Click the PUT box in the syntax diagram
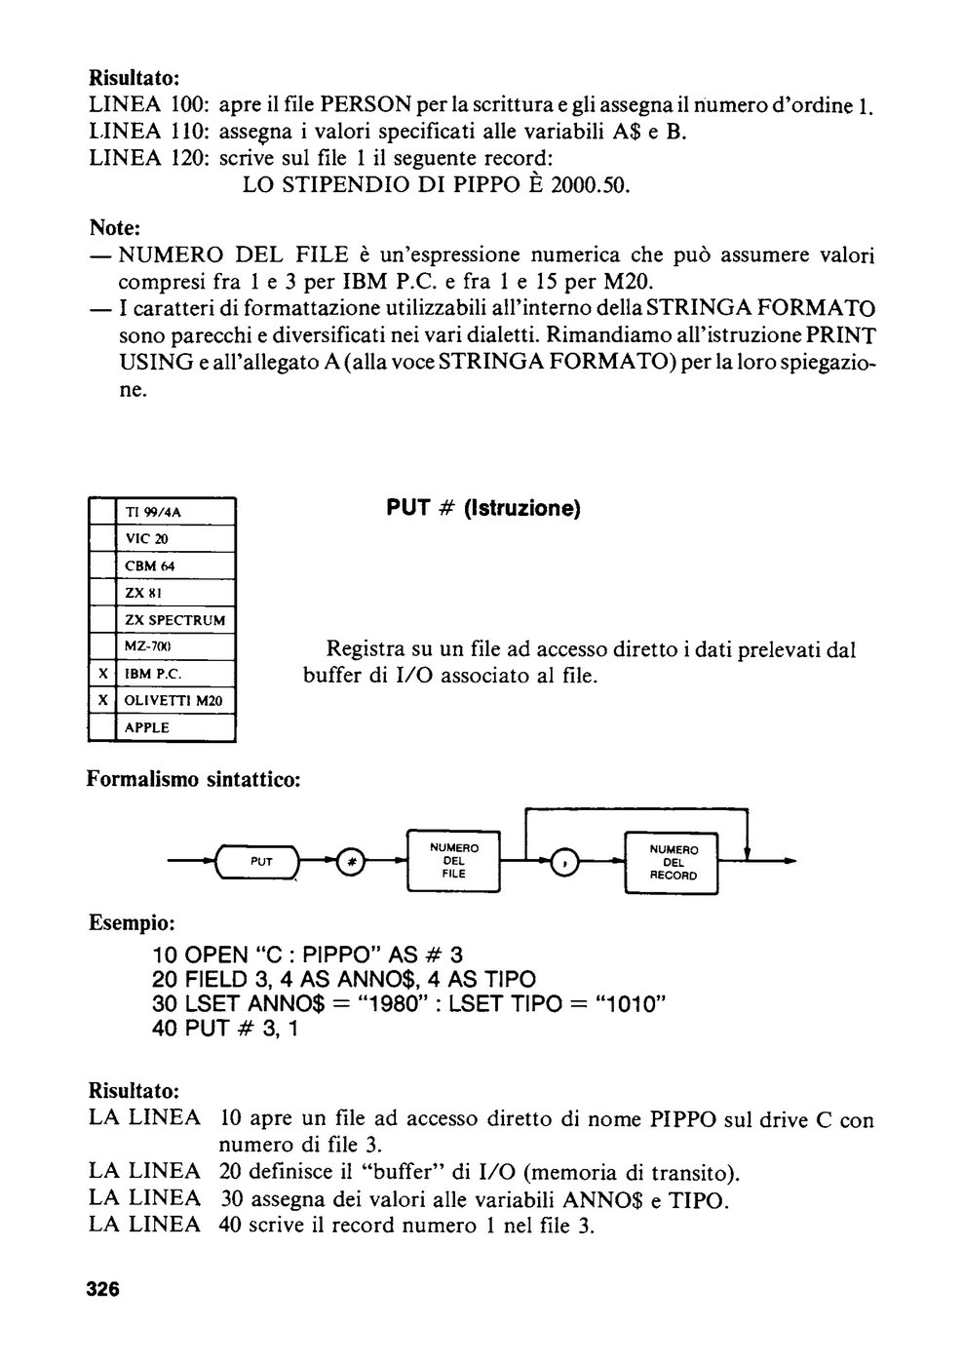257,861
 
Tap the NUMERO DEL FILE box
453,861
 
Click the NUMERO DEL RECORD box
672,862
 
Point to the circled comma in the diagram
564,862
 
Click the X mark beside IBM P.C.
102,674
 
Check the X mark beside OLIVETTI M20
102,700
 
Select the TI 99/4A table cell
175,512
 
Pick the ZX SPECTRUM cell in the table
175,620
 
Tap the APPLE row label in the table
147,727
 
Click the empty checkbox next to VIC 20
102,538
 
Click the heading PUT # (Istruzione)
483,508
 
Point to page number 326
103,1288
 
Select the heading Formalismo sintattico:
194,779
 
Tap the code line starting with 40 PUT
225,1029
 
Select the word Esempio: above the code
133,923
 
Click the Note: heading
115,227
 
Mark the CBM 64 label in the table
149,565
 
